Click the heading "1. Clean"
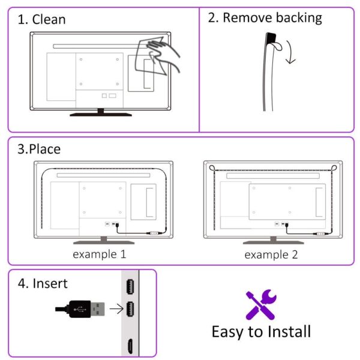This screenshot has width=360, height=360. click(41, 19)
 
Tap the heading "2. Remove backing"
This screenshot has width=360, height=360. click(265, 18)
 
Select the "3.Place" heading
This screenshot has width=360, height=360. click(39, 149)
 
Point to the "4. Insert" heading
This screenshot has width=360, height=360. click(43, 283)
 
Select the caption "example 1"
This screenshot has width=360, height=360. click(100, 254)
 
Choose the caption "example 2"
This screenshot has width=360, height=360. click(271, 254)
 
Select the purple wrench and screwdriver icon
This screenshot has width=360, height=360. click(261, 304)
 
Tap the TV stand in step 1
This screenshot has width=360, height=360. click(100, 112)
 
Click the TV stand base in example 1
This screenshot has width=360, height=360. click(100, 242)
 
